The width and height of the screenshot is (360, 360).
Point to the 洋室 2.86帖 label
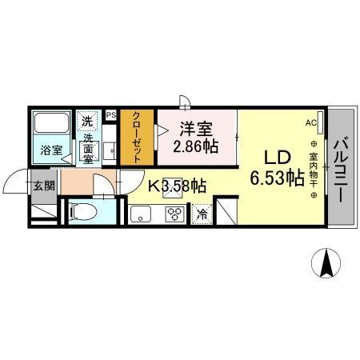click(196, 135)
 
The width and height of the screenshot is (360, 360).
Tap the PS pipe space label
click(111, 114)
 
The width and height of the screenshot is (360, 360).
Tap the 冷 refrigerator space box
click(202, 214)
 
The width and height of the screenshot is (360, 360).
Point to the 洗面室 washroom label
click(87, 148)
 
